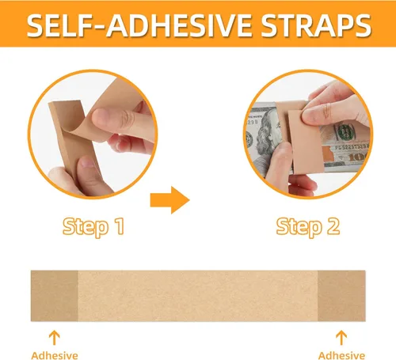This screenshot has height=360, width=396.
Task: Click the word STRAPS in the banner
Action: [316, 25]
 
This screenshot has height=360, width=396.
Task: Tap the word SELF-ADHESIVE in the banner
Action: [139, 25]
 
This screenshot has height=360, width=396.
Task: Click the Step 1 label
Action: [93, 227]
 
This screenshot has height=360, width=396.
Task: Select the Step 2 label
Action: [308, 227]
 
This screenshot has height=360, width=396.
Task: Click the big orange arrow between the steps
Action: [170, 200]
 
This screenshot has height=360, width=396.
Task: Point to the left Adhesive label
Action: [55, 355]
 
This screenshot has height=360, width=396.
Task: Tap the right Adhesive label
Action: [341, 355]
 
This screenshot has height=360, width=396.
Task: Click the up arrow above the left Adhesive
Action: [55, 338]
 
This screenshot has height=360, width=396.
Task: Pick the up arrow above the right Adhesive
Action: [341, 338]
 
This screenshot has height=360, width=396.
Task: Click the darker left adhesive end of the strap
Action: [55, 296]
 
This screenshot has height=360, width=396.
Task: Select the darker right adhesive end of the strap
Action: [341, 296]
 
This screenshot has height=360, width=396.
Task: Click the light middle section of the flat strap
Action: [198, 296]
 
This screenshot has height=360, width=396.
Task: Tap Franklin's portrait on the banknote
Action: [268, 135]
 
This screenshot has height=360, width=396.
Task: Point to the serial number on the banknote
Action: [351, 147]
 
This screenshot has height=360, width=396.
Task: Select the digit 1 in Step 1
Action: [120, 226]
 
